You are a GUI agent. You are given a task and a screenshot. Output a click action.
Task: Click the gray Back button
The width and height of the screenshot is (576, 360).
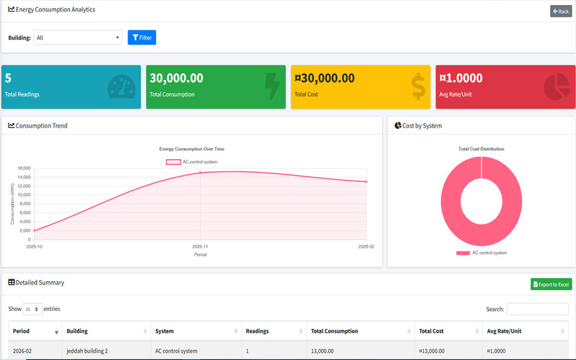561,11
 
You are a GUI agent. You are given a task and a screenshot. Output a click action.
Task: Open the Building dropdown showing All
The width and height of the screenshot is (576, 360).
78,37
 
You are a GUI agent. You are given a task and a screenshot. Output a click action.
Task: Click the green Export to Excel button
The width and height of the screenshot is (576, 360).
551,284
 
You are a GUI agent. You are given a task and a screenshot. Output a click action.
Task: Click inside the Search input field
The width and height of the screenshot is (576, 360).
537,309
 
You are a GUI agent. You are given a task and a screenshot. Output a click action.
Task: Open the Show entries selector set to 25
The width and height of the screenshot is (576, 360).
32,309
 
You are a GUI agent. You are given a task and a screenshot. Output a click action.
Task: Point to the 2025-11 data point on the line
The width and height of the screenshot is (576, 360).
200,172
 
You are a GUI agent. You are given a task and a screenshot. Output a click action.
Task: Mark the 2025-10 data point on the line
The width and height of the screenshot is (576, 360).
34,230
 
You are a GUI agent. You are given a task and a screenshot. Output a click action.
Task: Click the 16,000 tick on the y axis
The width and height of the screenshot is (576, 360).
24,168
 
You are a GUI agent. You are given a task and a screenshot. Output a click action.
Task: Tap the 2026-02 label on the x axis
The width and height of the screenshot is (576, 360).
366,246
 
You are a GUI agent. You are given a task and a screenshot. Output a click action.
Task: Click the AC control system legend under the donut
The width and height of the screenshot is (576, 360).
481,253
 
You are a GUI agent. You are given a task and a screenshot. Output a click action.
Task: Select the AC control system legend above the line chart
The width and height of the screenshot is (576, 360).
192,161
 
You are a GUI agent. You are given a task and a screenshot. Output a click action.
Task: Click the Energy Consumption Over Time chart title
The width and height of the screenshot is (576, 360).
192,149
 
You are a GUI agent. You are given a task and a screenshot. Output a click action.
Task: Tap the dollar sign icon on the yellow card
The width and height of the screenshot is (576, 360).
418,86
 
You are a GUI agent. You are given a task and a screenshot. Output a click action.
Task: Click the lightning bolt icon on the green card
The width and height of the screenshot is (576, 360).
272,86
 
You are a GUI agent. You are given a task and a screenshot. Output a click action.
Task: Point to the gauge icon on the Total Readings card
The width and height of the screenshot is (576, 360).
121,86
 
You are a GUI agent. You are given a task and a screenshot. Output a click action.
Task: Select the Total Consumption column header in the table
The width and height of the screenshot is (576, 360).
334,331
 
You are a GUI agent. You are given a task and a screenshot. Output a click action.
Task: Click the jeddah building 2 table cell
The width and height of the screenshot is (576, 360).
87,351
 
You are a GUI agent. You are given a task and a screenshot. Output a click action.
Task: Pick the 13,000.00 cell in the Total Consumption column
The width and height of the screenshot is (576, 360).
322,351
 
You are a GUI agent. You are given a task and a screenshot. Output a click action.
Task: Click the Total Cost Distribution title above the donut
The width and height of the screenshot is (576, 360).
481,149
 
